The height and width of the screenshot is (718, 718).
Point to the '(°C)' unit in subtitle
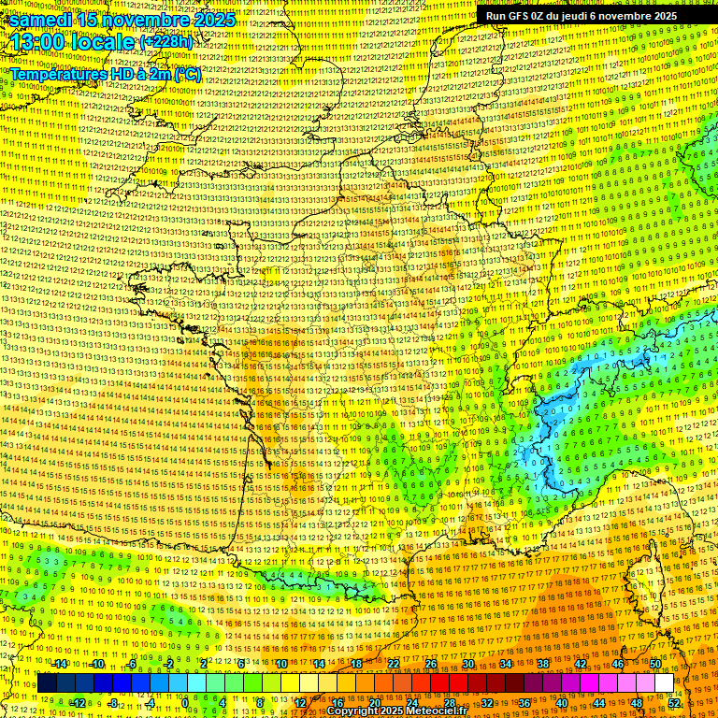(x=186, y=73)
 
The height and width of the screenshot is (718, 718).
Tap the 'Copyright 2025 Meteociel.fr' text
(x=402, y=711)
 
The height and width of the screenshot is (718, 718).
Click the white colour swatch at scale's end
(x=664, y=683)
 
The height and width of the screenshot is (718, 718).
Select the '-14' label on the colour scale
(x=59, y=664)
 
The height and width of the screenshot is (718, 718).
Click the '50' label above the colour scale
(x=654, y=664)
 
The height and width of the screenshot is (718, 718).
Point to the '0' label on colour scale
(x=186, y=703)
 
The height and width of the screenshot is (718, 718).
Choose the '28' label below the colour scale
(x=449, y=703)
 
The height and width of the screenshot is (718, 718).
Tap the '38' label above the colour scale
(x=542, y=664)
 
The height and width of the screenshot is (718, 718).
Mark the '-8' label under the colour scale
(x=113, y=703)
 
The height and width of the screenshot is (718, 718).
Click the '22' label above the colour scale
(x=394, y=664)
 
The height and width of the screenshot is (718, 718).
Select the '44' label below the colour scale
(x=598, y=703)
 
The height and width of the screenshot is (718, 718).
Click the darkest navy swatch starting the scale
(x=47, y=683)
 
